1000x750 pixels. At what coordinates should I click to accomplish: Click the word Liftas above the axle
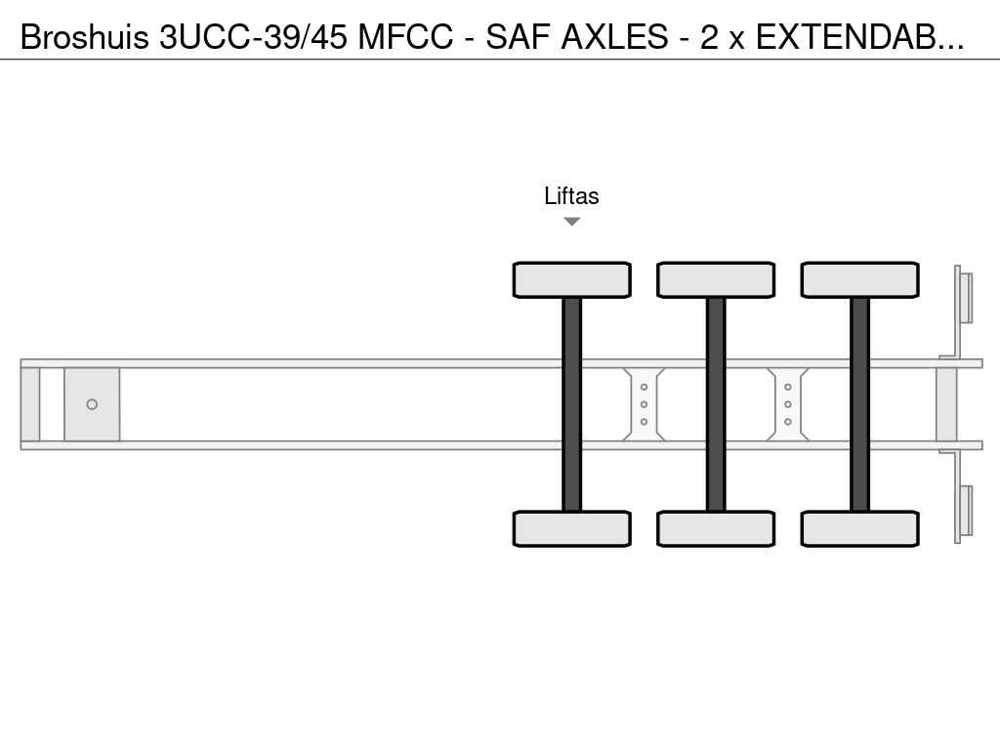(x=571, y=195)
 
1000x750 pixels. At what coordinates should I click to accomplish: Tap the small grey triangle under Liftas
(x=572, y=222)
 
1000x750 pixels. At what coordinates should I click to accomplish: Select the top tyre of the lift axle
(x=572, y=280)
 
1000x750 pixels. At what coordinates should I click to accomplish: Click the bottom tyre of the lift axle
(x=572, y=528)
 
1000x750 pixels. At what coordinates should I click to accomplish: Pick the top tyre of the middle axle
(x=716, y=280)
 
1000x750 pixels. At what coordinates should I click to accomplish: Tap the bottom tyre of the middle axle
(x=716, y=528)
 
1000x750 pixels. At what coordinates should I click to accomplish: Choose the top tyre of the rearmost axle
(x=860, y=280)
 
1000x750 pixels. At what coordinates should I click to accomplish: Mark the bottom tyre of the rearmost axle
(x=860, y=528)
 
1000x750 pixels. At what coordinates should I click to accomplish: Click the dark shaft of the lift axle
(x=572, y=404)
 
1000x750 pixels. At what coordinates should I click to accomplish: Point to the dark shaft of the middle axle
(x=716, y=404)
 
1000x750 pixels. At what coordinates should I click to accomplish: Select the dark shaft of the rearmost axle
(x=860, y=404)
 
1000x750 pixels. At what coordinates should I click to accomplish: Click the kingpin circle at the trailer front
(x=92, y=404)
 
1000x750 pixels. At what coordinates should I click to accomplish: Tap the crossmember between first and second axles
(x=645, y=404)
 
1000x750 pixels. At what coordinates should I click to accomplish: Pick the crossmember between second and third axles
(x=788, y=404)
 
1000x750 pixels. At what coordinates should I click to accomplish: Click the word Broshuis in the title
(x=85, y=37)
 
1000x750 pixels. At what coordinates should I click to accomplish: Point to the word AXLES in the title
(x=615, y=37)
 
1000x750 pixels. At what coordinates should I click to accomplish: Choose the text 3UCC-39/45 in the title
(x=254, y=37)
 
